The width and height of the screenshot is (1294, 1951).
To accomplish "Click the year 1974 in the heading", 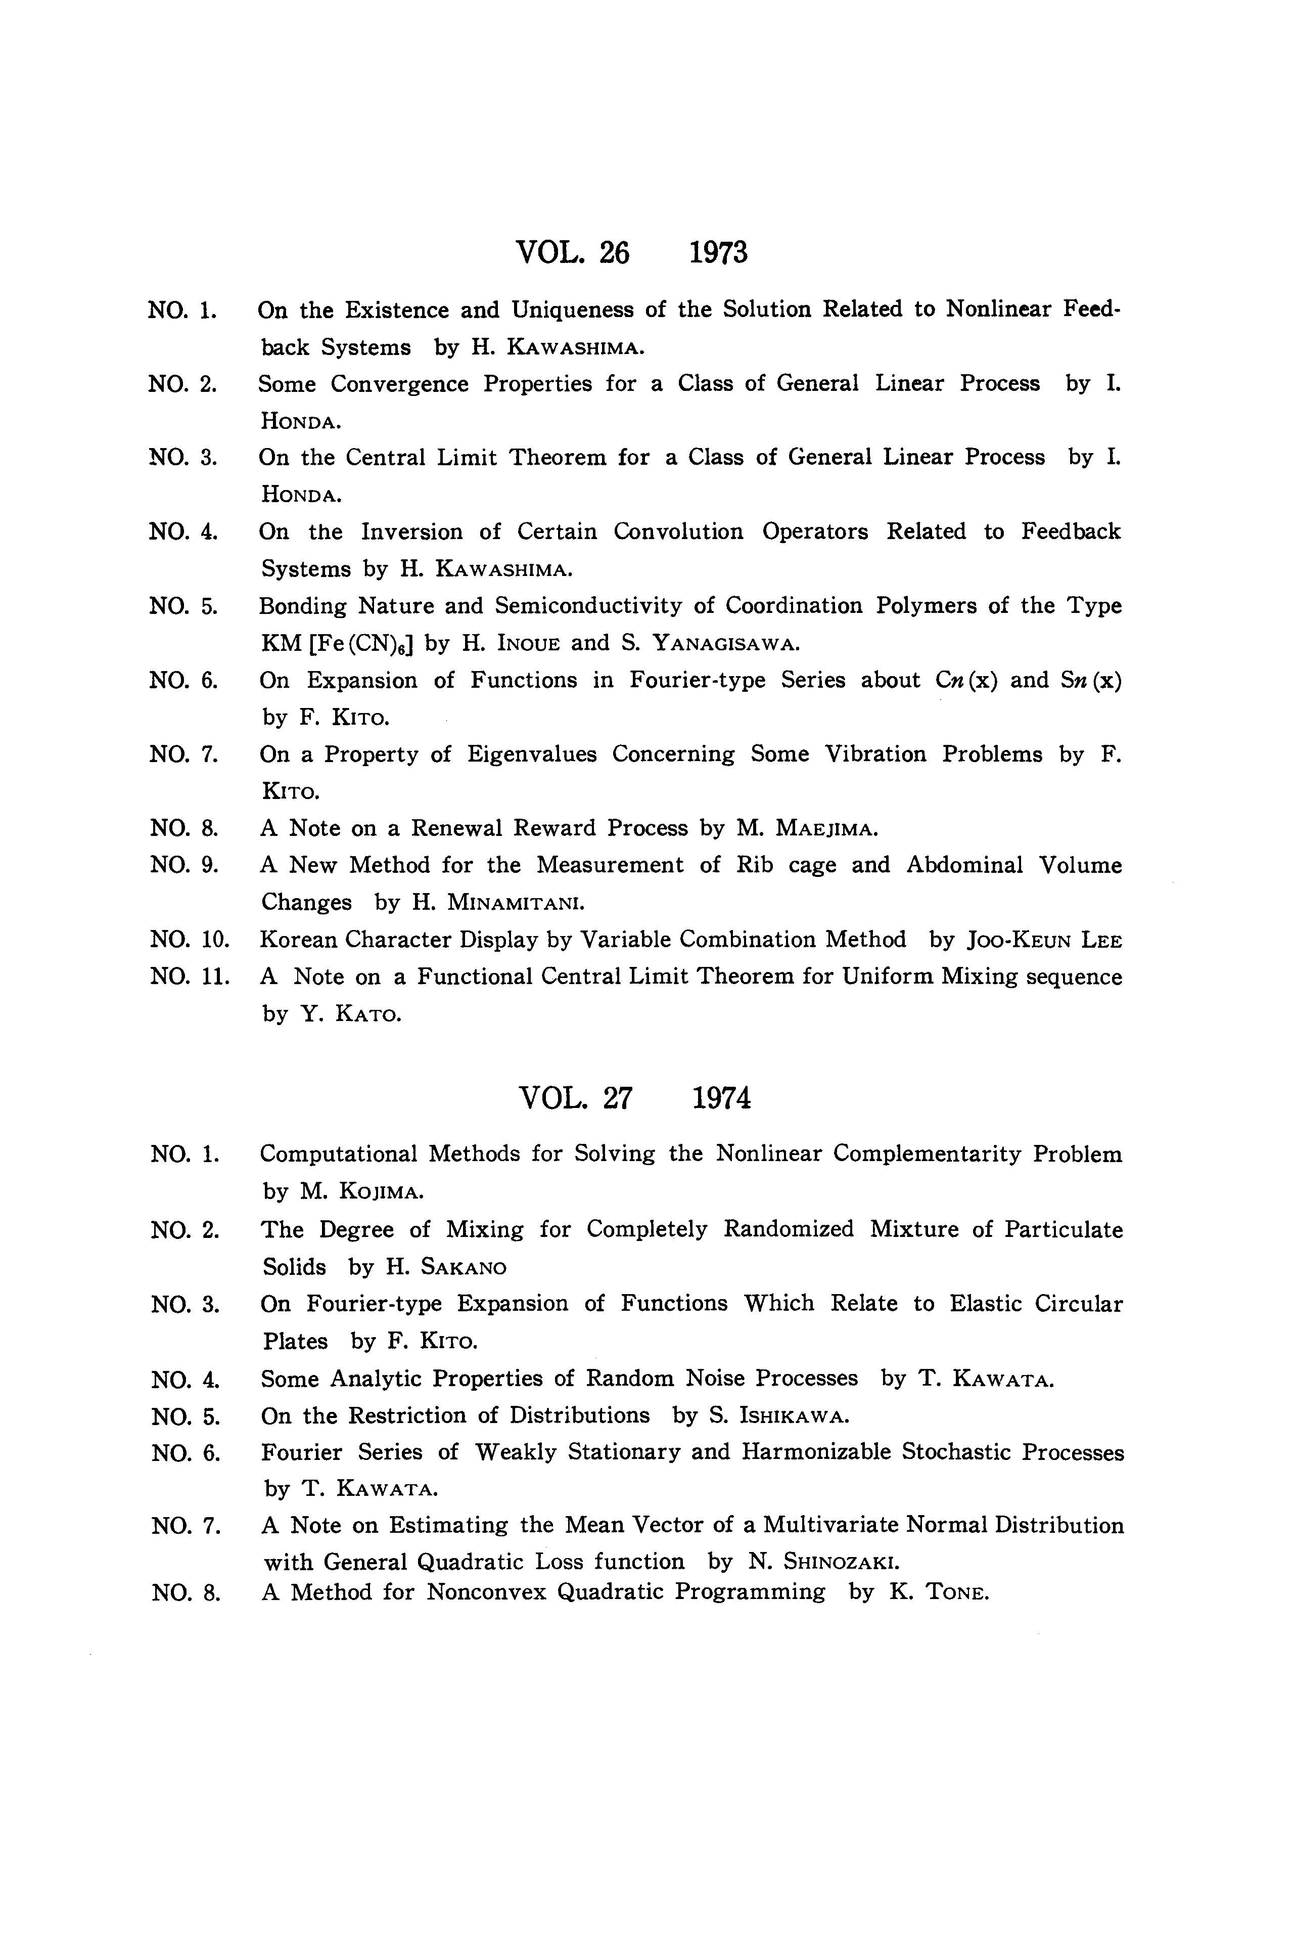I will click(721, 1098).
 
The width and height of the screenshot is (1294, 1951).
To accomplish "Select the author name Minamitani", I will click(516, 903).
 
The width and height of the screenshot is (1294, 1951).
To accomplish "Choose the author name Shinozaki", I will click(840, 1562).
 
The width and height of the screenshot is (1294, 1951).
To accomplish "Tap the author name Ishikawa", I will click(794, 1416).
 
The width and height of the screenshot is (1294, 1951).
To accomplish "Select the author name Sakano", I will click(464, 1267).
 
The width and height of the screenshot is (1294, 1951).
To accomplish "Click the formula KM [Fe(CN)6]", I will click(336, 643).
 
